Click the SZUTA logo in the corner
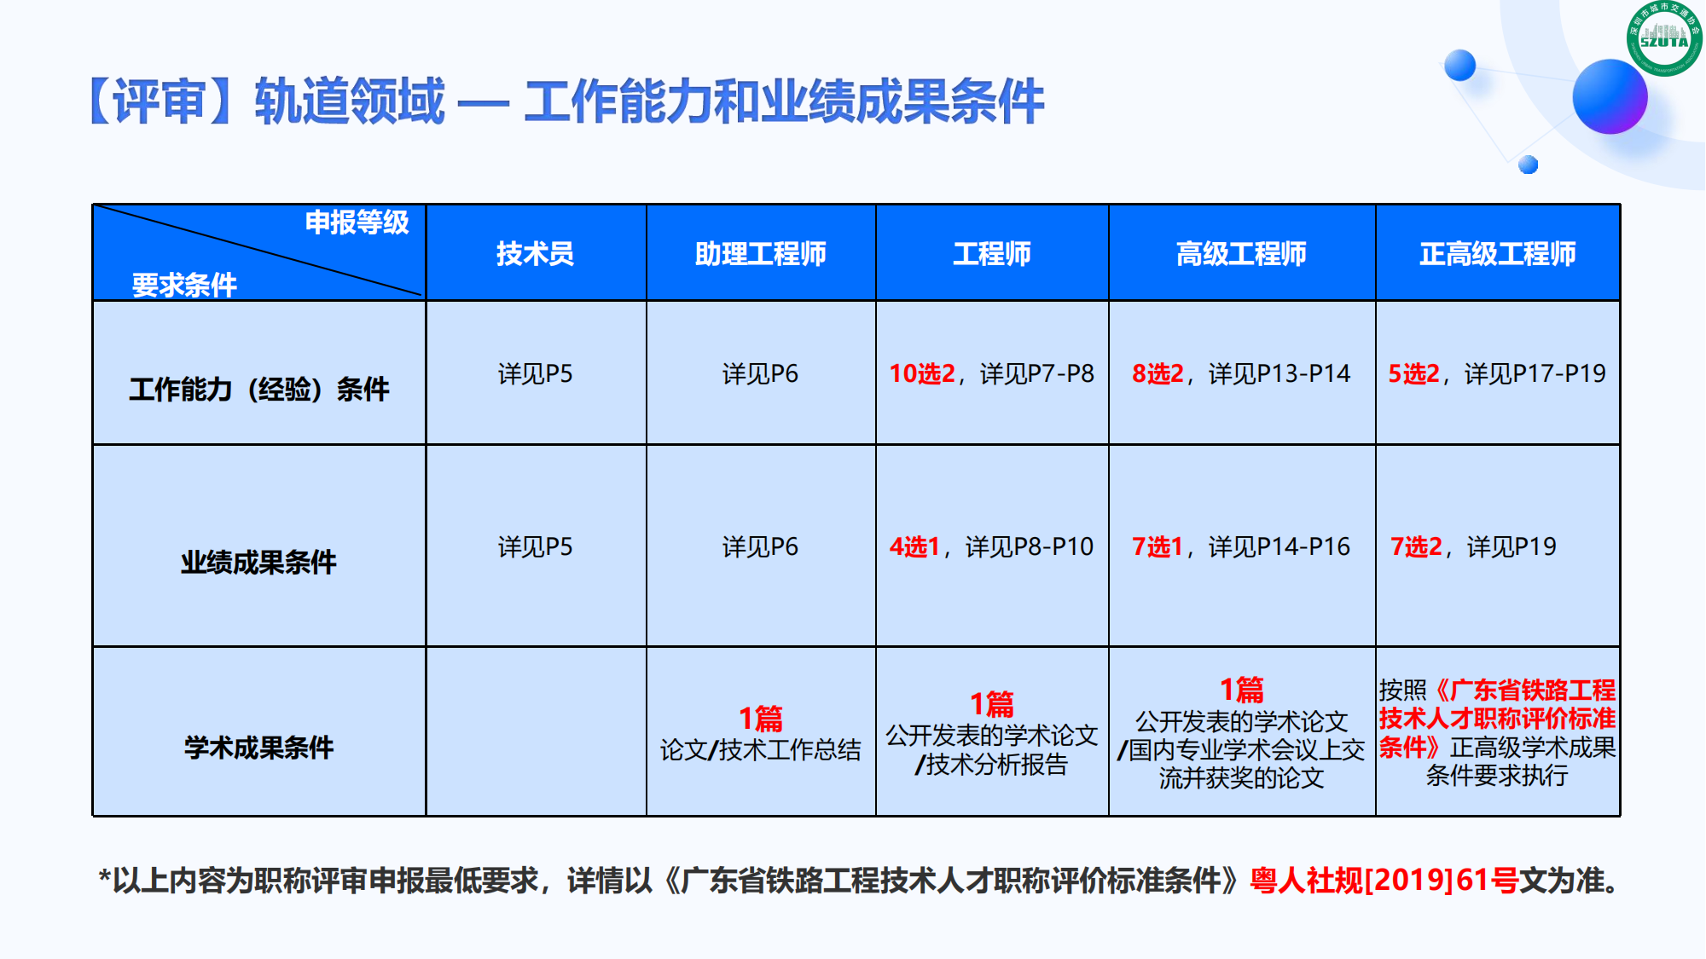[1664, 38]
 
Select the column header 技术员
[536, 253]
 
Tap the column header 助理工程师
[761, 253]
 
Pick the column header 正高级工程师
[1498, 253]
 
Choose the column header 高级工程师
[1241, 253]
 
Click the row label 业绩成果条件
[258, 562]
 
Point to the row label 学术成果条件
[258, 748]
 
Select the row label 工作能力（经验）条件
[258, 389]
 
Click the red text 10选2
[922, 373]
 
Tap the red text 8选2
[1158, 373]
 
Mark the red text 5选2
[1413, 373]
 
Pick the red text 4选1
[914, 546]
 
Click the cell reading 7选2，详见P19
[1473, 546]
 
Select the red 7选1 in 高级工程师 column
[1158, 546]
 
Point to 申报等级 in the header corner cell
[357, 222]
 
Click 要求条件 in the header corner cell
[184, 284]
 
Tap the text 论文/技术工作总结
[761, 750]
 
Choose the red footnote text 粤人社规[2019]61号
[1384, 880]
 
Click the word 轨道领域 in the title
[350, 101]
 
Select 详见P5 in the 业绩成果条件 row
[536, 546]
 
